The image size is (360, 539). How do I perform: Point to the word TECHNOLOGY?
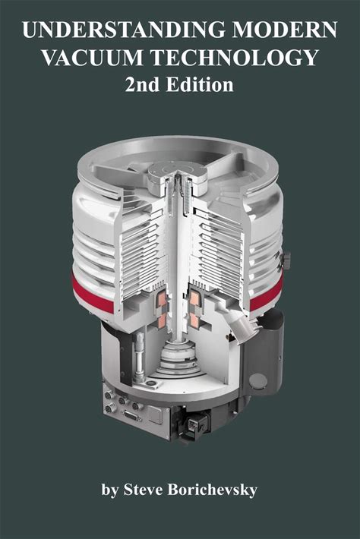[235, 58]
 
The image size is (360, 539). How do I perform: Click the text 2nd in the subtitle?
[142, 84]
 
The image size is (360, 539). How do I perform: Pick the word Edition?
[200, 84]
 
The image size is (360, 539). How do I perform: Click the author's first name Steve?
[144, 489]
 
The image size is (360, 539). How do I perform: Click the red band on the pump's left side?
[92, 294]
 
